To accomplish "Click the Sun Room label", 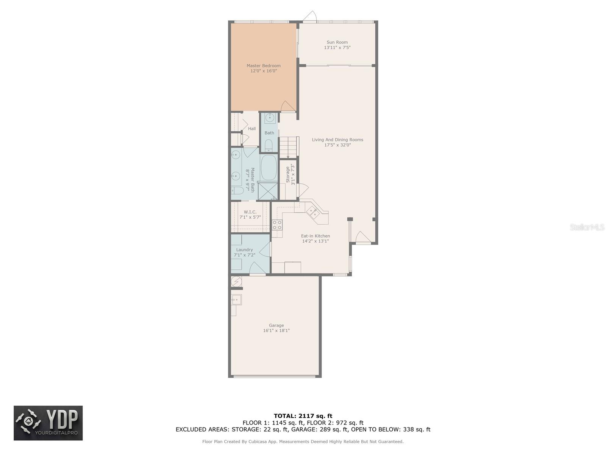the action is [337, 42].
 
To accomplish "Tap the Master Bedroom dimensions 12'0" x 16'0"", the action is [263, 71].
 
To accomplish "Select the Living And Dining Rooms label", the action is [337, 140].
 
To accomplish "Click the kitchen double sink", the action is [313, 213].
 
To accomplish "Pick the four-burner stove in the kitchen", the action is [277, 225].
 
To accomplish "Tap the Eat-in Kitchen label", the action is [315, 236].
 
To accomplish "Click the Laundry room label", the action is [244, 250].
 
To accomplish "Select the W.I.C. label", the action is [250, 212].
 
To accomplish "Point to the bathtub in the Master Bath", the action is [269, 168].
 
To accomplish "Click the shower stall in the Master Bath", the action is [267, 191].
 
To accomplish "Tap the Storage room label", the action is [288, 174].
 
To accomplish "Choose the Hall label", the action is [251, 129].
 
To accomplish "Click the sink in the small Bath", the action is [269, 118].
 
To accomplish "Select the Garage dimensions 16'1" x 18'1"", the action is [276, 331].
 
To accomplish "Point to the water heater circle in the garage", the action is [236, 282].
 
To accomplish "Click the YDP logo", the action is [48, 423].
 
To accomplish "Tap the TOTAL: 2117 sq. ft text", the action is [303, 416].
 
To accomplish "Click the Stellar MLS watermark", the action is [587, 227].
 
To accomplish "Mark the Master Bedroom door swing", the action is [288, 106].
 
